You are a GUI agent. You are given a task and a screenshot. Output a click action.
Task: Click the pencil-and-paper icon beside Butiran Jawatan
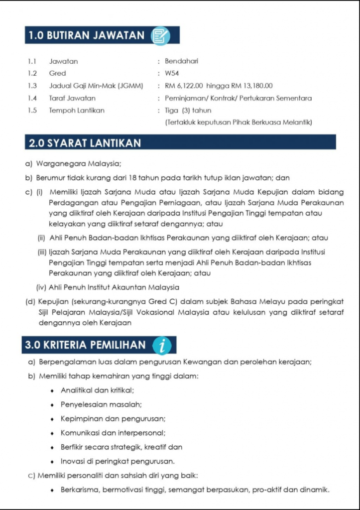[161, 36]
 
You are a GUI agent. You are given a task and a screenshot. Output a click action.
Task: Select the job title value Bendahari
[182, 61]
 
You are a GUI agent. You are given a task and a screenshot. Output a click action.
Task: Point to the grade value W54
[173, 73]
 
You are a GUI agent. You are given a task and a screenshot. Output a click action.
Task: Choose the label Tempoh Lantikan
[77, 111]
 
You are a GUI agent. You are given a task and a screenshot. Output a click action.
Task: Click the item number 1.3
[32, 86]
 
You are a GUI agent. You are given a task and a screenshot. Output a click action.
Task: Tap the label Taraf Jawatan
[72, 98]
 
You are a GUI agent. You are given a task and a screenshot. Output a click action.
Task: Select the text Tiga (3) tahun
[188, 111]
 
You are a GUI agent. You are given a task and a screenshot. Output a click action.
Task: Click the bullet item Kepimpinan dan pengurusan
[113, 418]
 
